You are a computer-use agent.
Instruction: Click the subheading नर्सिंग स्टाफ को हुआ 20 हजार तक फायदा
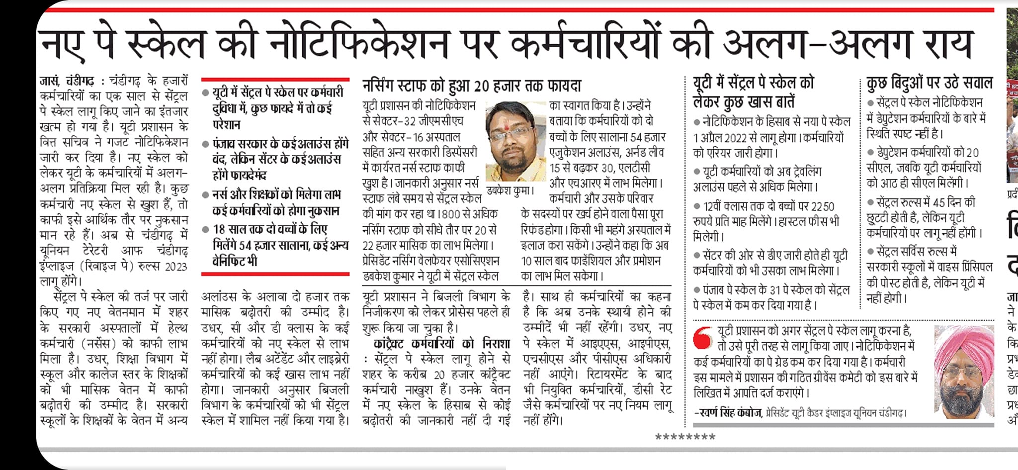(471, 86)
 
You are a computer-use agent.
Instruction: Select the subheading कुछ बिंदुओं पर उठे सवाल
(929, 83)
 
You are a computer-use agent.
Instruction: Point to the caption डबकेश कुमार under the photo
(510, 190)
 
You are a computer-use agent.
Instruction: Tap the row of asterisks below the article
(685, 438)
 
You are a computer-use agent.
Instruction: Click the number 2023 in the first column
(175, 267)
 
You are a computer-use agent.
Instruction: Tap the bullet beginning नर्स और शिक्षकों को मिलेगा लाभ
(276, 202)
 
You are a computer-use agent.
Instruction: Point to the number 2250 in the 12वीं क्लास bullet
(823, 206)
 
